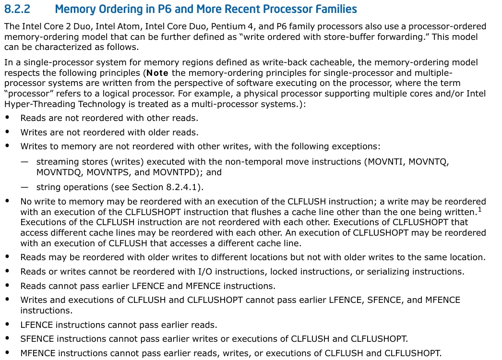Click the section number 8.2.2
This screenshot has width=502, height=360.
click(18, 9)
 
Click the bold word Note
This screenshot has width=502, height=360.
click(157, 73)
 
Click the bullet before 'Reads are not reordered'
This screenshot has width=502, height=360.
click(8, 118)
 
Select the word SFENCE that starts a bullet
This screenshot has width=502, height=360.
click(36, 339)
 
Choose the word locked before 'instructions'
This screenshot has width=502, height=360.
click(282, 272)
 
